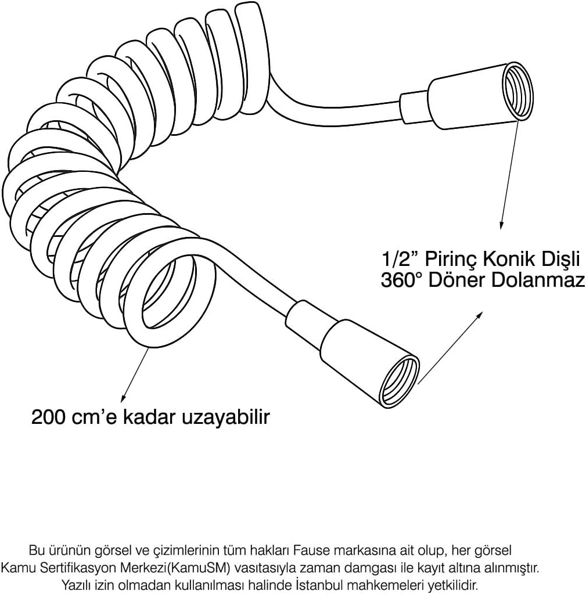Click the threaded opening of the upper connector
click(517, 92)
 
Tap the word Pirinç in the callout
click(450, 260)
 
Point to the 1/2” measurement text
click(400, 260)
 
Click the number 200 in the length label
click(48, 417)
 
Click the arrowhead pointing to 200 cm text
click(123, 398)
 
